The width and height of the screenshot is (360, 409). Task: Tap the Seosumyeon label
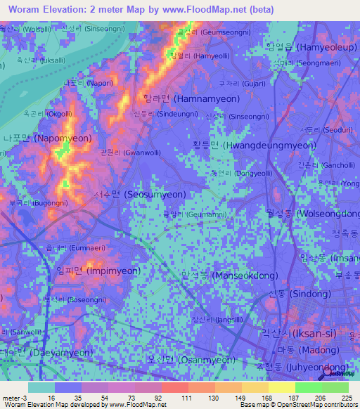(139, 194)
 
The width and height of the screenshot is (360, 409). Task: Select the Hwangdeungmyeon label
(249, 145)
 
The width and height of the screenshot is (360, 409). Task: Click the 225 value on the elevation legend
(347, 397)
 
